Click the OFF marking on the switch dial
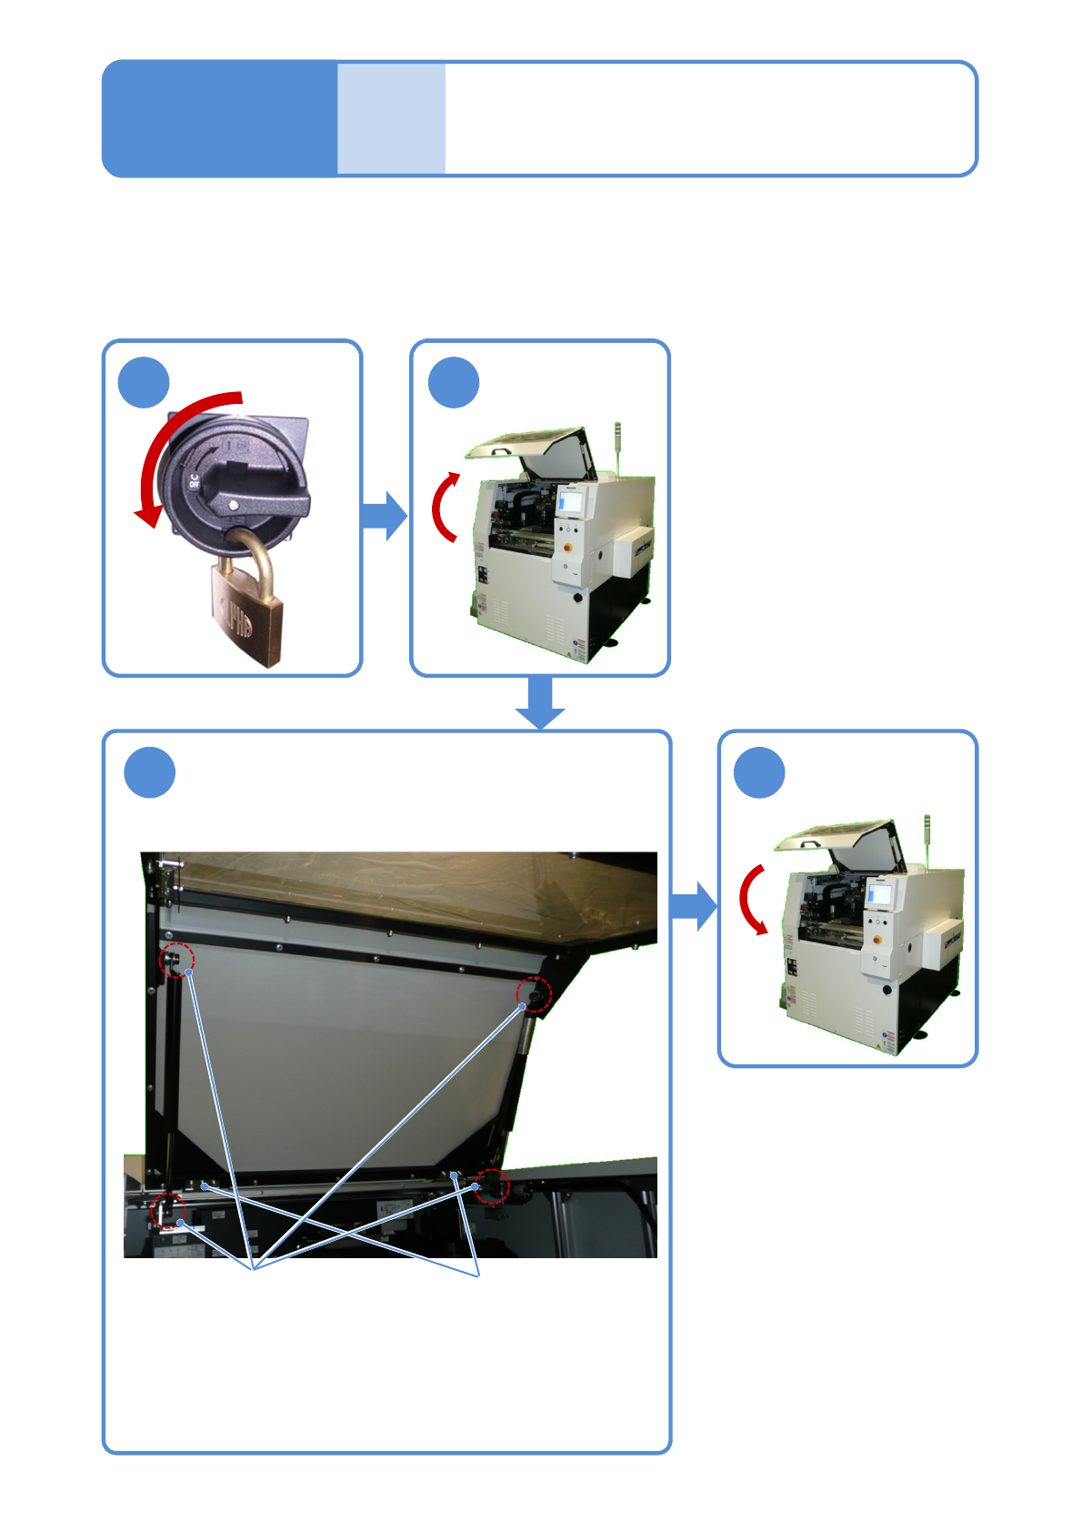[x=194, y=480]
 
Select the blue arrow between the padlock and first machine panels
[x=384, y=516]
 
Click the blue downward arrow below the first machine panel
[x=540, y=702]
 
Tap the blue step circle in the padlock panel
[x=144, y=383]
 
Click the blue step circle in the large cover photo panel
[x=149, y=772]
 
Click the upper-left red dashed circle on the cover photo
[x=177, y=960]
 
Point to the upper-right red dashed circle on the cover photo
[x=534, y=994]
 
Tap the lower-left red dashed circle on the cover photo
[x=167, y=1211]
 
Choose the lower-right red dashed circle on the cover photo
[x=492, y=1185]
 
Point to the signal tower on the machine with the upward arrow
[x=617, y=446]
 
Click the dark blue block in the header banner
[x=219, y=118]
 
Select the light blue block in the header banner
[x=391, y=118]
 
